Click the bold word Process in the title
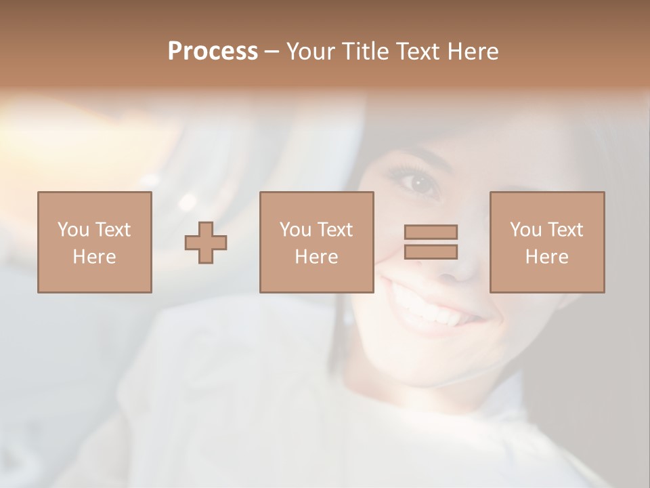click(x=213, y=52)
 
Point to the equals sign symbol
click(x=431, y=242)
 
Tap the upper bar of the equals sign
click(x=431, y=232)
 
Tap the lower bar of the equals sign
click(x=431, y=251)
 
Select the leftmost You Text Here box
click(x=95, y=242)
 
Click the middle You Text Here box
click(x=316, y=242)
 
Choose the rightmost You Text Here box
click(x=546, y=242)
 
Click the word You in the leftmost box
click(x=72, y=229)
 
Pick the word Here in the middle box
click(x=316, y=257)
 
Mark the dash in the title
click(x=272, y=52)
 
